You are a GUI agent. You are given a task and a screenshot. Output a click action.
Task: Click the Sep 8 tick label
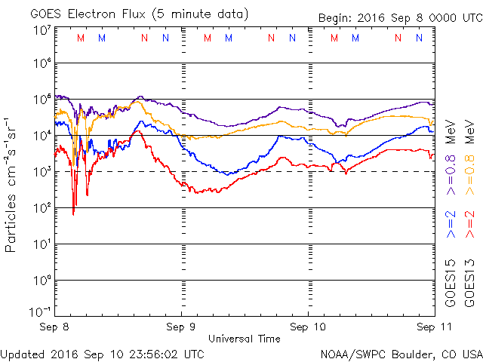pyautogui.click(x=54, y=328)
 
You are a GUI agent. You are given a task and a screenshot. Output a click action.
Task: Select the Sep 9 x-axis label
pyautogui.click(x=182, y=328)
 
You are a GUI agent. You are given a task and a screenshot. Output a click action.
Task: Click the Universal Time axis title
pyautogui.click(x=244, y=339)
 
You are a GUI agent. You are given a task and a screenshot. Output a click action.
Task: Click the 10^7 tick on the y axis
pyautogui.click(x=42, y=30)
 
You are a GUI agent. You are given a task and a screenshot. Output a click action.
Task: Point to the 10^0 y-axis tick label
pyautogui.click(x=42, y=280)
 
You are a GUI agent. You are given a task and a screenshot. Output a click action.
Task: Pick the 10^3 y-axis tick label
pyautogui.click(x=42, y=171)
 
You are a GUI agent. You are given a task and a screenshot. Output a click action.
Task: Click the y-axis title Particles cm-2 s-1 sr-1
pyautogui.click(x=13, y=184)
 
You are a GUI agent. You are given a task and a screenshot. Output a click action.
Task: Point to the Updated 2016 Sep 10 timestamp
pyautogui.click(x=103, y=353)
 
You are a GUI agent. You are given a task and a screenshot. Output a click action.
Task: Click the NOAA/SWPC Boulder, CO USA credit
pyautogui.click(x=401, y=353)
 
